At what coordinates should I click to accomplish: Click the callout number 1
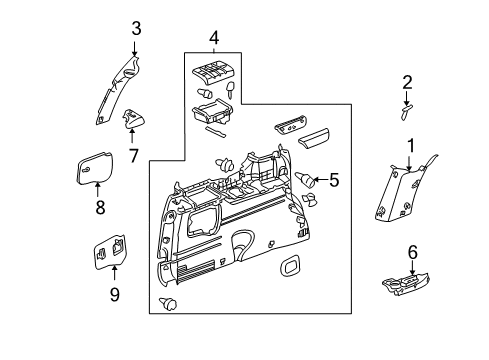pyautogui.click(x=409, y=146)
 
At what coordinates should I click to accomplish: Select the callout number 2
pyautogui.click(x=407, y=82)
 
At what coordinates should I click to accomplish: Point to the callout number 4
pyautogui.click(x=213, y=38)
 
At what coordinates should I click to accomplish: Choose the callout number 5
pyautogui.click(x=334, y=181)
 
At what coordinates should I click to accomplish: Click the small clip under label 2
pyautogui.click(x=406, y=110)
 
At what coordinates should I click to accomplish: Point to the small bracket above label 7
pyautogui.click(x=131, y=122)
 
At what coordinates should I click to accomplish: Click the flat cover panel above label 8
pyautogui.click(x=88, y=166)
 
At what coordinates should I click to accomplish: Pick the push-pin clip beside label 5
pyautogui.click(x=305, y=179)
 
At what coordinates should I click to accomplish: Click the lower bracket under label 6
pyautogui.click(x=407, y=285)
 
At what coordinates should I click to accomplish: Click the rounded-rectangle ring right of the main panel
pyautogui.click(x=291, y=267)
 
